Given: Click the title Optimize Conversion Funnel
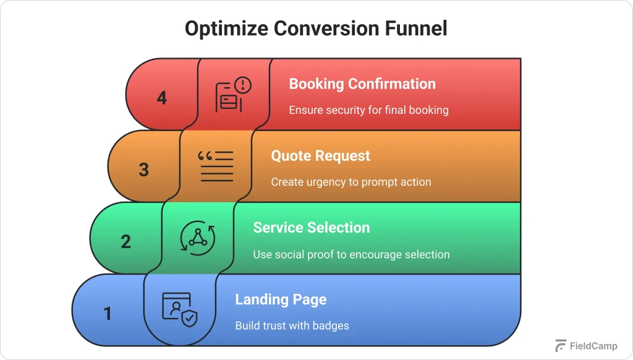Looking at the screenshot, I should pyautogui.click(x=316, y=29).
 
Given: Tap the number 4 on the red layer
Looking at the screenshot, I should pyautogui.click(x=162, y=98).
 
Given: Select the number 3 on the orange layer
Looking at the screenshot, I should pyautogui.click(x=144, y=169).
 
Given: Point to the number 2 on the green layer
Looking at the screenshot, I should pyautogui.click(x=126, y=241).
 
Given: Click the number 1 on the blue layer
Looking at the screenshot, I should pyautogui.click(x=108, y=314).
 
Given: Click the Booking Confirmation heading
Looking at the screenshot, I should pyautogui.click(x=362, y=84).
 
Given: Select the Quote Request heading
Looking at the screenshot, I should pyautogui.click(x=320, y=156).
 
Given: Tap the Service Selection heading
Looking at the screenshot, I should pyautogui.click(x=311, y=228).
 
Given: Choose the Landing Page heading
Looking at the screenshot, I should pyautogui.click(x=281, y=300).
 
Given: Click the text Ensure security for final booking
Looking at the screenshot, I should pyautogui.click(x=368, y=110).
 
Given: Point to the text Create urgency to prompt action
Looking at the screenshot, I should pyautogui.click(x=350, y=182).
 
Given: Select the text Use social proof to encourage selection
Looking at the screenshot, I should pyautogui.click(x=351, y=254).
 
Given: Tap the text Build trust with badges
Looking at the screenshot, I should pyautogui.click(x=292, y=326).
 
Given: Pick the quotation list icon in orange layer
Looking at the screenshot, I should pyautogui.click(x=216, y=166).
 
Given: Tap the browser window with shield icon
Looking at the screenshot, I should pyautogui.click(x=180, y=309).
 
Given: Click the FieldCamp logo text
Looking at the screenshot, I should pyautogui.click(x=593, y=346).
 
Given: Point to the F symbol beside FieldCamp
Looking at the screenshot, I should pyautogui.click(x=561, y=346).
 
